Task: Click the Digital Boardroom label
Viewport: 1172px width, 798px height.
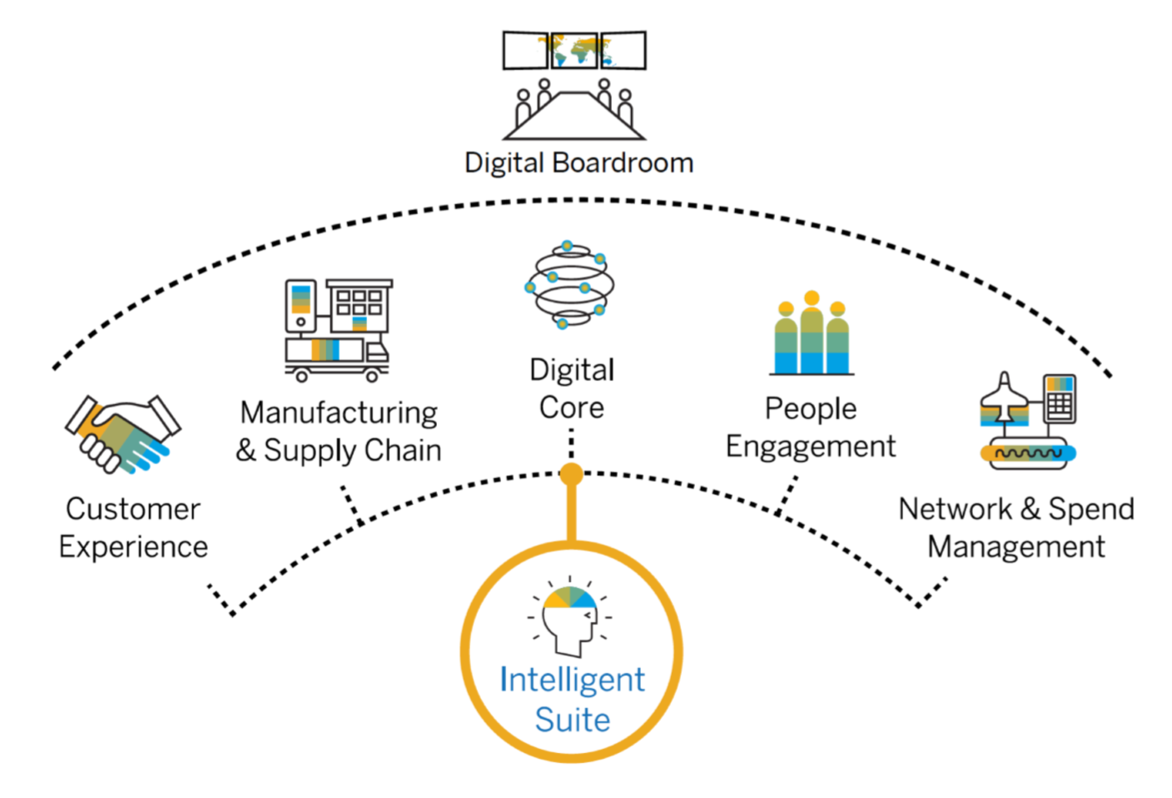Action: pos(579,162)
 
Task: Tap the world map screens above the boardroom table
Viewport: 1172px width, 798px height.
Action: pos(574,50)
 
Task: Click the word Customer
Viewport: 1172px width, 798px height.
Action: pos(133,509)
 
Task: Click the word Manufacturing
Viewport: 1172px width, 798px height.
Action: pos(339,412)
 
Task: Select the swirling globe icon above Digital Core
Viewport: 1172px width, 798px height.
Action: pos(570,286)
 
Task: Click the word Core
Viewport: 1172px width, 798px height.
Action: pos(571,408)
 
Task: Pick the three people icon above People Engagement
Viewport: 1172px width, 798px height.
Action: pos(812,335)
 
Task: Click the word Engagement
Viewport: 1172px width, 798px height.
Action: pos(811,447)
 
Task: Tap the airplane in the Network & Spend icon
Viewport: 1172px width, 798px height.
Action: pos(1005,399)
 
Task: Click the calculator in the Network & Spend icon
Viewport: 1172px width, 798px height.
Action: pos(1059,399)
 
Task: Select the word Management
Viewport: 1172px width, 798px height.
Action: pos(1016,547)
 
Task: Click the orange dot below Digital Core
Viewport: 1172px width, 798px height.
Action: pos(571,474)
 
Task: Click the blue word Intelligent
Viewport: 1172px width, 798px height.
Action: pos(572,680)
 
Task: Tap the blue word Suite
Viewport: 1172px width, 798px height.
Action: pos(572,720)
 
